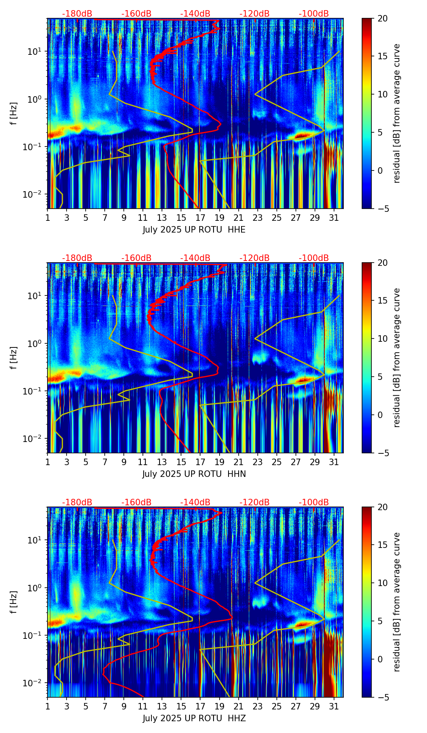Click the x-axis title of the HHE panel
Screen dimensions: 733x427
194,230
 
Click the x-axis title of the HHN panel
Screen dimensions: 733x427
194,474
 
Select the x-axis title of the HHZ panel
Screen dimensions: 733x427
194,718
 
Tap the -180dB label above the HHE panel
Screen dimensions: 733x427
77,14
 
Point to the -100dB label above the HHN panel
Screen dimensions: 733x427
314,258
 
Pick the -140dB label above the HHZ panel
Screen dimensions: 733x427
195,502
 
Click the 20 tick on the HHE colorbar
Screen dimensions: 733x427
382,19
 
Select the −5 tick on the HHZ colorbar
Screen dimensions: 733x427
382,697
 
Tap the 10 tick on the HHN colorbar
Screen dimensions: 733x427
382,338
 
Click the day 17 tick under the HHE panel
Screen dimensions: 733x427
201,218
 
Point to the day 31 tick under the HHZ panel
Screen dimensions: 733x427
334,706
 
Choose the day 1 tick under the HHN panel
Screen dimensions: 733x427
48,462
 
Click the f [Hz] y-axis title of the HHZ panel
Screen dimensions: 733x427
14,602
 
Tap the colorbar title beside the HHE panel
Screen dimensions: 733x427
397,114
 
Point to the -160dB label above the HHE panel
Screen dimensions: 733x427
136,14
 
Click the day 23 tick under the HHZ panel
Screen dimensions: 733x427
258,706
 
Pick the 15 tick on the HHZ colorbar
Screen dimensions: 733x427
382,545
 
